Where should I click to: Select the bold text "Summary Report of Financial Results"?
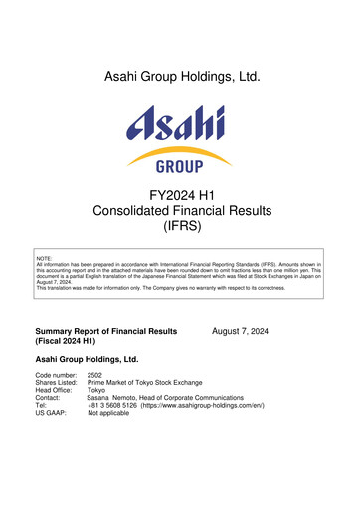pos(106,330)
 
